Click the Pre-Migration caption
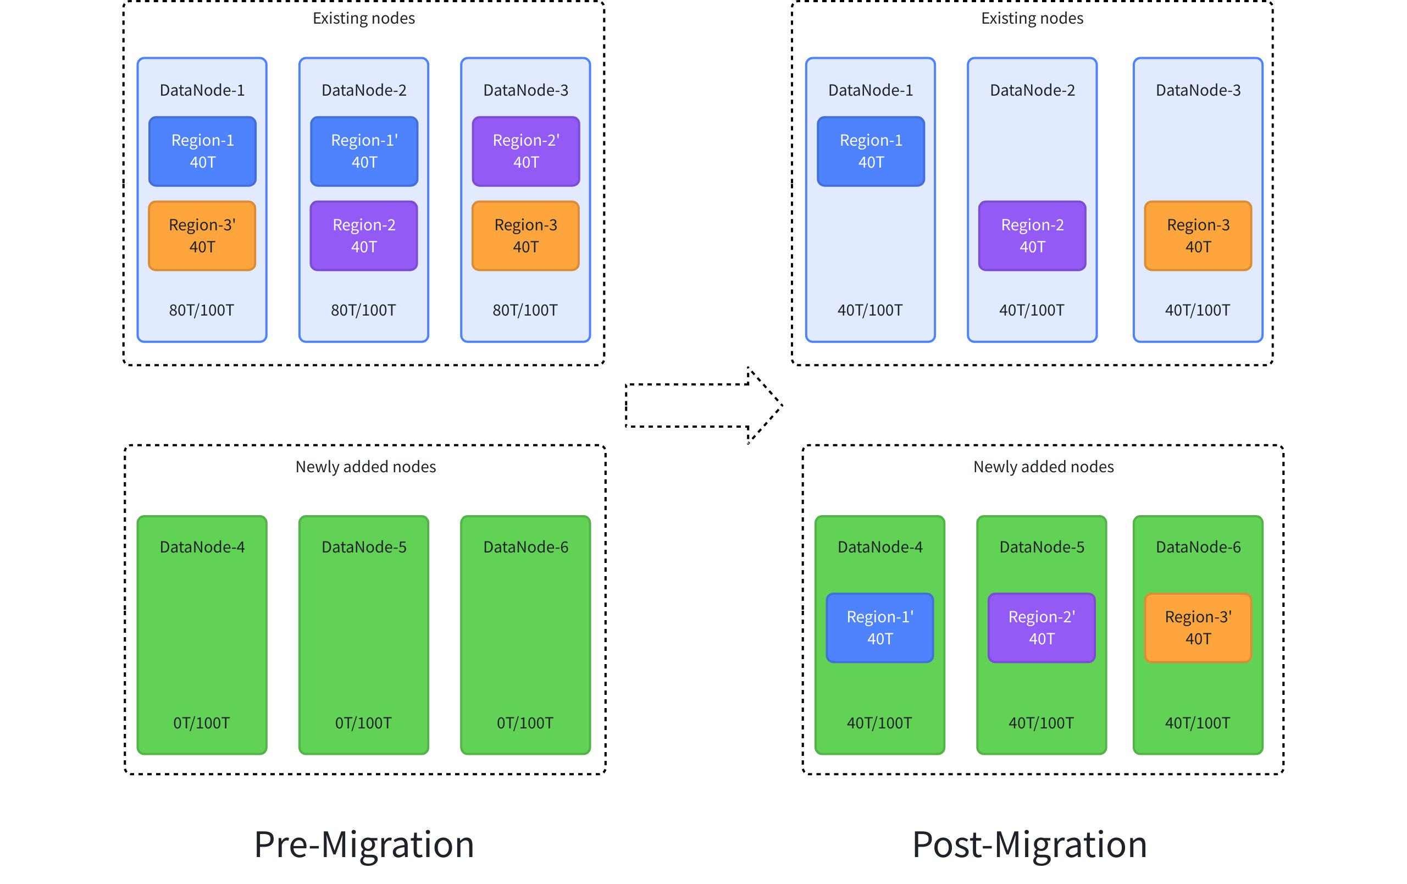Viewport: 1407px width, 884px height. click(363, 844)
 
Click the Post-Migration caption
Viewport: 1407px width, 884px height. click(1029, 844)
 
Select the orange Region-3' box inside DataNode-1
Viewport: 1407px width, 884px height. click(202, 235)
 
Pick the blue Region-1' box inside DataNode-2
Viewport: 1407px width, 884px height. click(364, 151)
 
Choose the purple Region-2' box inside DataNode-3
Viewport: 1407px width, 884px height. click(526, 151)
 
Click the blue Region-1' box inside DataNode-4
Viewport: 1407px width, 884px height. click(879, 627)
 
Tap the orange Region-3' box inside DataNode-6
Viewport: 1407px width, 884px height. click(1198, 627)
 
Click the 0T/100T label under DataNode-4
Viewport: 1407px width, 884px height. click(202, 723)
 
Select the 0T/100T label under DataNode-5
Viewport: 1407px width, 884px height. click(363, 723)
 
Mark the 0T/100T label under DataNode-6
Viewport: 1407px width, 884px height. click(525, 723)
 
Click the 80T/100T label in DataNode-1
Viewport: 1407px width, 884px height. click(202, 310)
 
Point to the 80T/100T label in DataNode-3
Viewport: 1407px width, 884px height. click(525, 310)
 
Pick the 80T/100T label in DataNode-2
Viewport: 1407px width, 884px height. click(363, 310)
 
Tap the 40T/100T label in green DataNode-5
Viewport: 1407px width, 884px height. click(1041, 723)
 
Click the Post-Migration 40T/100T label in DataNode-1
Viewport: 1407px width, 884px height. click(870, 310)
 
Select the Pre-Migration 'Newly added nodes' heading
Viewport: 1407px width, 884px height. click(366, 466)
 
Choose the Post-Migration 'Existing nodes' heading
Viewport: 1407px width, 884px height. click(1032, 18)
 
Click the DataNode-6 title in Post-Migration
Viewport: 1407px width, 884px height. click(1198, 547)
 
